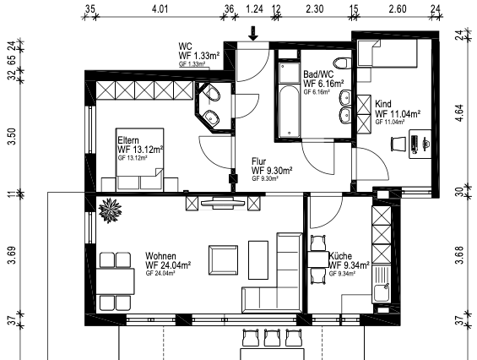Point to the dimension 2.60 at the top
(396, 9)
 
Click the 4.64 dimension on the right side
(460, 113)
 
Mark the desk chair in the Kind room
(397, 145)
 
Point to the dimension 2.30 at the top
(314, 9)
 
